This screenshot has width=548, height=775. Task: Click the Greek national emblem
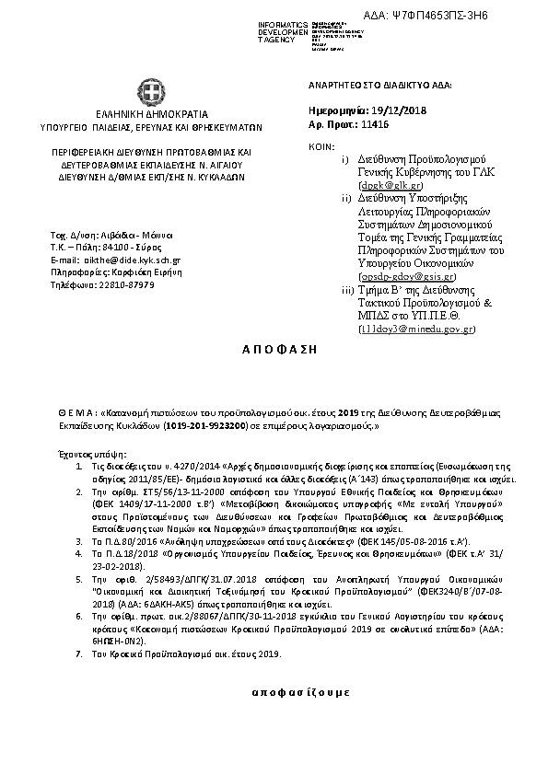point(152,92)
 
